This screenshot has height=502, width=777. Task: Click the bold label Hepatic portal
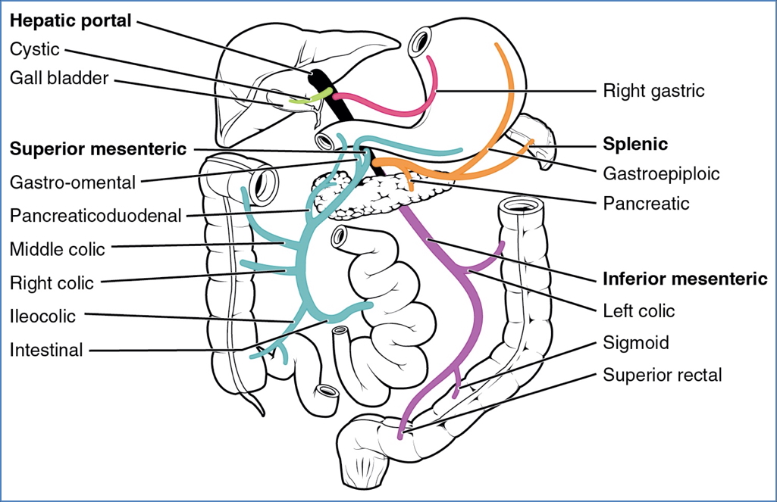click(70, 21)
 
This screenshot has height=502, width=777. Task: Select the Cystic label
click(35, 49)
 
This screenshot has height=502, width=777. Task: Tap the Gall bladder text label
click(59, 77)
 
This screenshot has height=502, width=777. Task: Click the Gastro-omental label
click(73, 182)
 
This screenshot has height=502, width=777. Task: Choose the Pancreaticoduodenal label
click(96, 216)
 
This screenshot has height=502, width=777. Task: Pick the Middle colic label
click(58, 249)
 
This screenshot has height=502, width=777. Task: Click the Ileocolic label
click(43, 316)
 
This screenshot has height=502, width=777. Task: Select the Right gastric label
click(653, 92)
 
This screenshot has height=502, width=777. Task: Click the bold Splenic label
click(634, 143)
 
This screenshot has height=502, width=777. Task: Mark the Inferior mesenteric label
click(685, 279)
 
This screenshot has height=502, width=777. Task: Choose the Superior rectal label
click(663, 375)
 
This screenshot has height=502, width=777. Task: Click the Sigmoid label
click(636, 342)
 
